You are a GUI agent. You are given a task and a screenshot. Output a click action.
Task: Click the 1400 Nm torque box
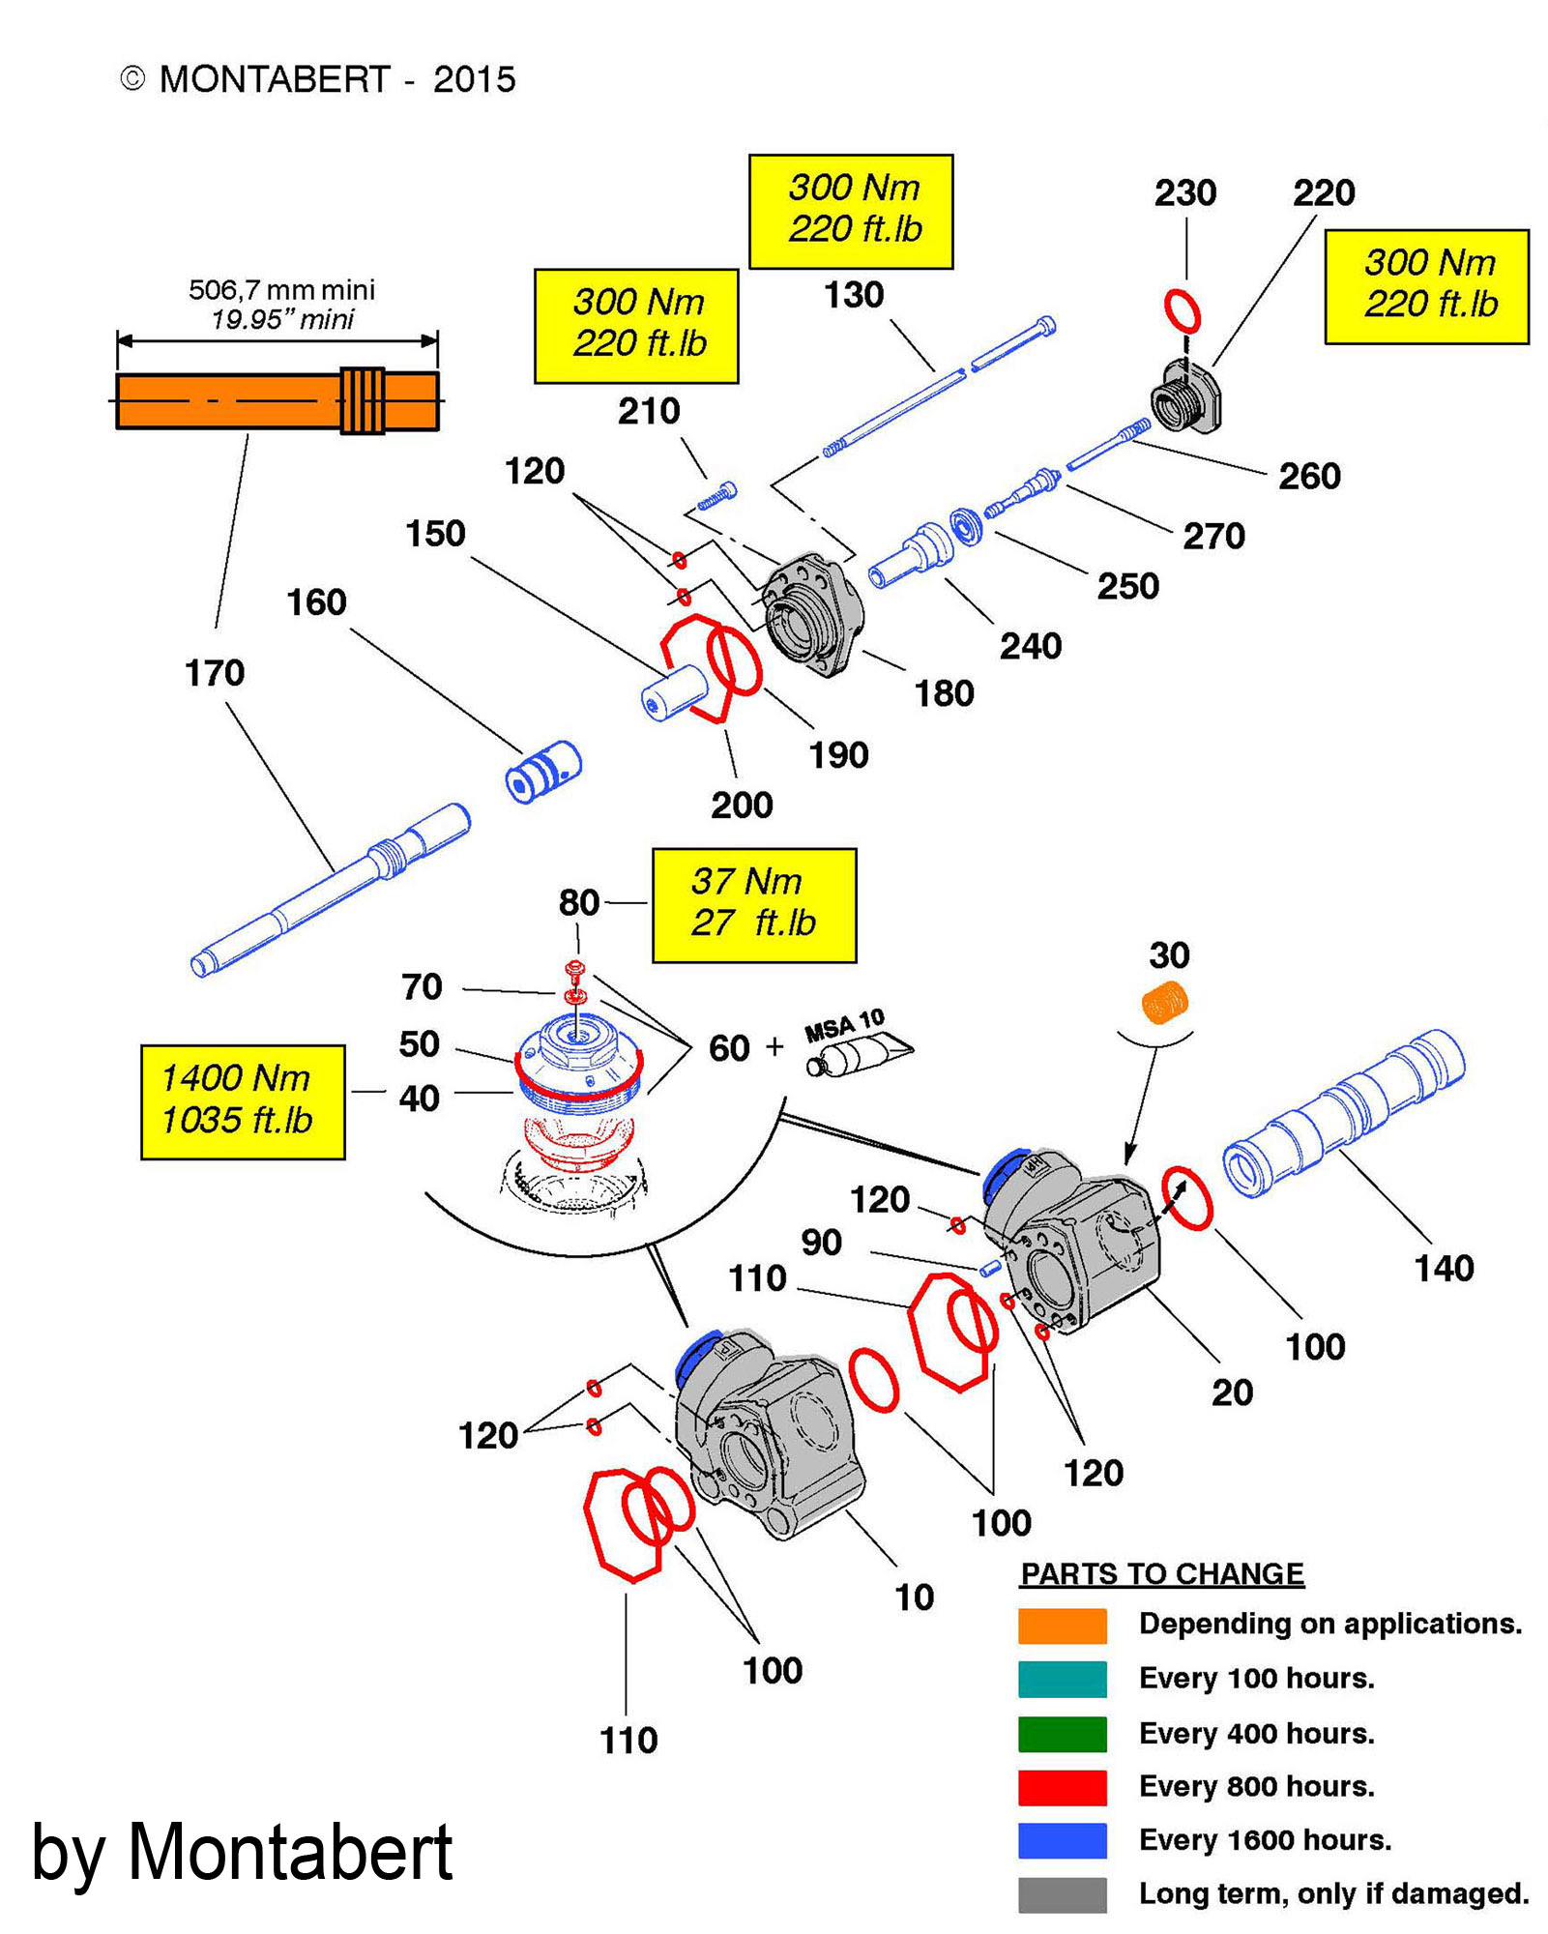[243, 1101]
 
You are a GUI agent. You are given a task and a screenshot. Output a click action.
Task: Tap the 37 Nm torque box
[754, 905]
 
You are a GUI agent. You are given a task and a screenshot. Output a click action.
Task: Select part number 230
[1184, 193]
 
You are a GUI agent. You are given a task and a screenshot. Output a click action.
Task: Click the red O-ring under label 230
[1182, 311]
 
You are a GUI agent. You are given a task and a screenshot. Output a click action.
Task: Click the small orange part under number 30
[1165, 1002]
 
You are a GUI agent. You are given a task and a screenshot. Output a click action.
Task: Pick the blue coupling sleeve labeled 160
[543, 771]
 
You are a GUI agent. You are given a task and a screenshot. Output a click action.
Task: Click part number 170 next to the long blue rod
[215, 673]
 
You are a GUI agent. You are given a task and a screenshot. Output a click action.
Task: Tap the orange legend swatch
[1062, 1626]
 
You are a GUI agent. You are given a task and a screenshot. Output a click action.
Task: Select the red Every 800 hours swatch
[1062, 1787]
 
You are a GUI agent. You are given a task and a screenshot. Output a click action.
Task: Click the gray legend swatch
[1062, 1894]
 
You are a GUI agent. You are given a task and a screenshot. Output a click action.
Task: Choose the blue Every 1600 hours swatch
[1062, 1840]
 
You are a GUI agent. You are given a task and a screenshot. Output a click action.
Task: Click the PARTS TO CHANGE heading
[1162, 1574]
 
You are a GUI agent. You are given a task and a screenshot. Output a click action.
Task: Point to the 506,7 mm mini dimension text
[281, 290]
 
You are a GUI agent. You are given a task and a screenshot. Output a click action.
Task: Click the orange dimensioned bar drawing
[277, 400]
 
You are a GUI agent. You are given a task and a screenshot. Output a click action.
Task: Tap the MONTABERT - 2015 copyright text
[318, 79]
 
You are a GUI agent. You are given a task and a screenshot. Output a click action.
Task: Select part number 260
[1309, 476]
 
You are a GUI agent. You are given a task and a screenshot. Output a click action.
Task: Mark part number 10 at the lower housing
[914, 1597]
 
